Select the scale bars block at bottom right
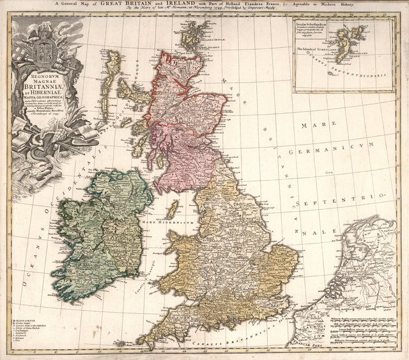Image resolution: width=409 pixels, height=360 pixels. (x=362, y=327)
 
